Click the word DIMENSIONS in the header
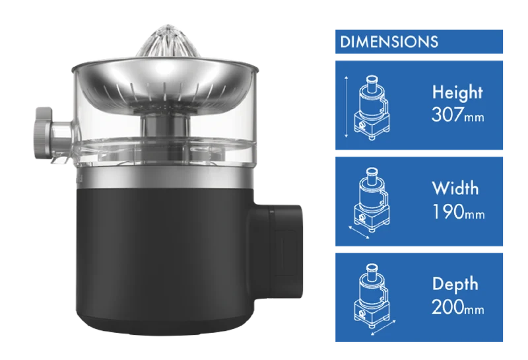click(389, 42)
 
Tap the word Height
click(457, 92)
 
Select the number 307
click(447, 115)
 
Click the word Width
click(455, 188)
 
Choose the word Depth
click(455, 284)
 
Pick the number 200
click(447, 307)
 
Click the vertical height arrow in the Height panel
click(346, 107)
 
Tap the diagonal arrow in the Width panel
click(358, 233)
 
